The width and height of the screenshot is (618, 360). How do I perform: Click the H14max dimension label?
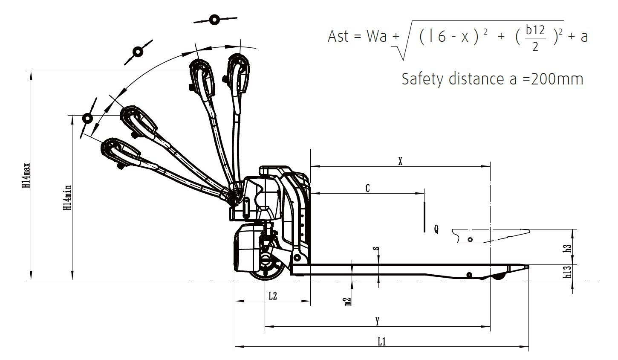point(26,176)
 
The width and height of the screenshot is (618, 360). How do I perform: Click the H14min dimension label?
point(68,197)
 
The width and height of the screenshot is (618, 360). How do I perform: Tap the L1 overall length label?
point(382,342)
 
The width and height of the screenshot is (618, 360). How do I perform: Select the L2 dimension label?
point(273,296)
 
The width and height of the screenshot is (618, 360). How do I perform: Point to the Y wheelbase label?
point(378,322)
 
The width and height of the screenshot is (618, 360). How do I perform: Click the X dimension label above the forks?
point(400,161)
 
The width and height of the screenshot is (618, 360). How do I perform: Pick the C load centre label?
point(367,188)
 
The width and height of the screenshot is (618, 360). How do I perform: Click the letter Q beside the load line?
point(436,229)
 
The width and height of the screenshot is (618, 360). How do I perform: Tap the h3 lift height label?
point(567,249)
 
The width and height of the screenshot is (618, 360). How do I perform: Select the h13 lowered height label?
point(567,272)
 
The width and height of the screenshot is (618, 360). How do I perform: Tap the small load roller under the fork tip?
point(499,276)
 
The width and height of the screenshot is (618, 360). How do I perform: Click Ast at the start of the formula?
point(338,36)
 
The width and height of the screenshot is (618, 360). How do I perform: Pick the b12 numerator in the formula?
point(535,30)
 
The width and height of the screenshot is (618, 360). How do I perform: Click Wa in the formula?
point(377,36)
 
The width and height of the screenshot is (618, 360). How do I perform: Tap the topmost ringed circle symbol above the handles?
point(215,20)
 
